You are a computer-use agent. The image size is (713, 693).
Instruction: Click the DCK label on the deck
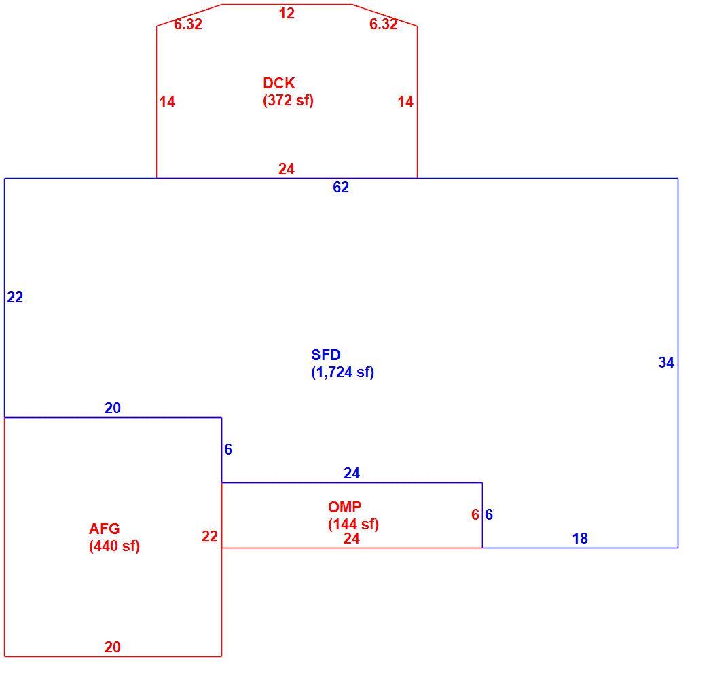pyautogui.click(x=278, y=84)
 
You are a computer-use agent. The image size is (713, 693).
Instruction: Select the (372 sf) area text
pyautogui.click(x=289, y=100)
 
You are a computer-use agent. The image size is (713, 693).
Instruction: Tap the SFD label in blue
pyautogui.click(x=325, y=355)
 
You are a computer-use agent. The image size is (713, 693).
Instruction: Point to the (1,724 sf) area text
pyautogui.click(x=342, y=372)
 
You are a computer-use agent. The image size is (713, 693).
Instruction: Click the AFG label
pyautogui.click(x=104, y=529)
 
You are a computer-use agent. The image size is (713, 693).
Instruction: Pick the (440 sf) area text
pyautogui.click(x=114, y=546)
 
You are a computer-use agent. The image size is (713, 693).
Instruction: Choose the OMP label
pyautogui.click(x=344, y=507)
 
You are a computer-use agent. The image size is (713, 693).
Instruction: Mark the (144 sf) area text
pyautogui.click(x=353, y=525)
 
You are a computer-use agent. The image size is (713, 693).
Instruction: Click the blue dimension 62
pyautogui.click(x=341, y=187)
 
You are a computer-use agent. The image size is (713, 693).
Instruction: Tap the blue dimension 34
pyautogui.click(x=666, y=362)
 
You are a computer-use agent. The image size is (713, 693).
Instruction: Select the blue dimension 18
pyautogui.click(x=580, y=538)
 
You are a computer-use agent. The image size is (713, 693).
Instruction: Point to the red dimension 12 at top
pyautogui.click(x=287, y=13)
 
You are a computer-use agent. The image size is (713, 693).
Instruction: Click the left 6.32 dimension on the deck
pyautogui.click(x=188, y=24)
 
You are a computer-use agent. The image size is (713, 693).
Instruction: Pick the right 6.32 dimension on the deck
pyautogui.click(x=384, y=24)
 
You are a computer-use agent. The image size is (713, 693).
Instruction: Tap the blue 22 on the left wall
pyautogui.click(x=15, y=297)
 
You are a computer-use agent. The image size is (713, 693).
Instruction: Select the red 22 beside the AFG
pyautogui.click(x=210, y=537)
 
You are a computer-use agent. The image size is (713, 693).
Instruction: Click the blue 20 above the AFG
pyautogui.click(x=112, y=408)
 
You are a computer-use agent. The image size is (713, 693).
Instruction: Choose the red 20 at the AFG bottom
pyautogui.click(x=112, y=647)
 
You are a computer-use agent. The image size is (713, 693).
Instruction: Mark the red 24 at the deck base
pyautogui.click(x=287, y=168)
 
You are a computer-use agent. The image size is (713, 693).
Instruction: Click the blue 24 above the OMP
pyautogui.click(x=352, y=474)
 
